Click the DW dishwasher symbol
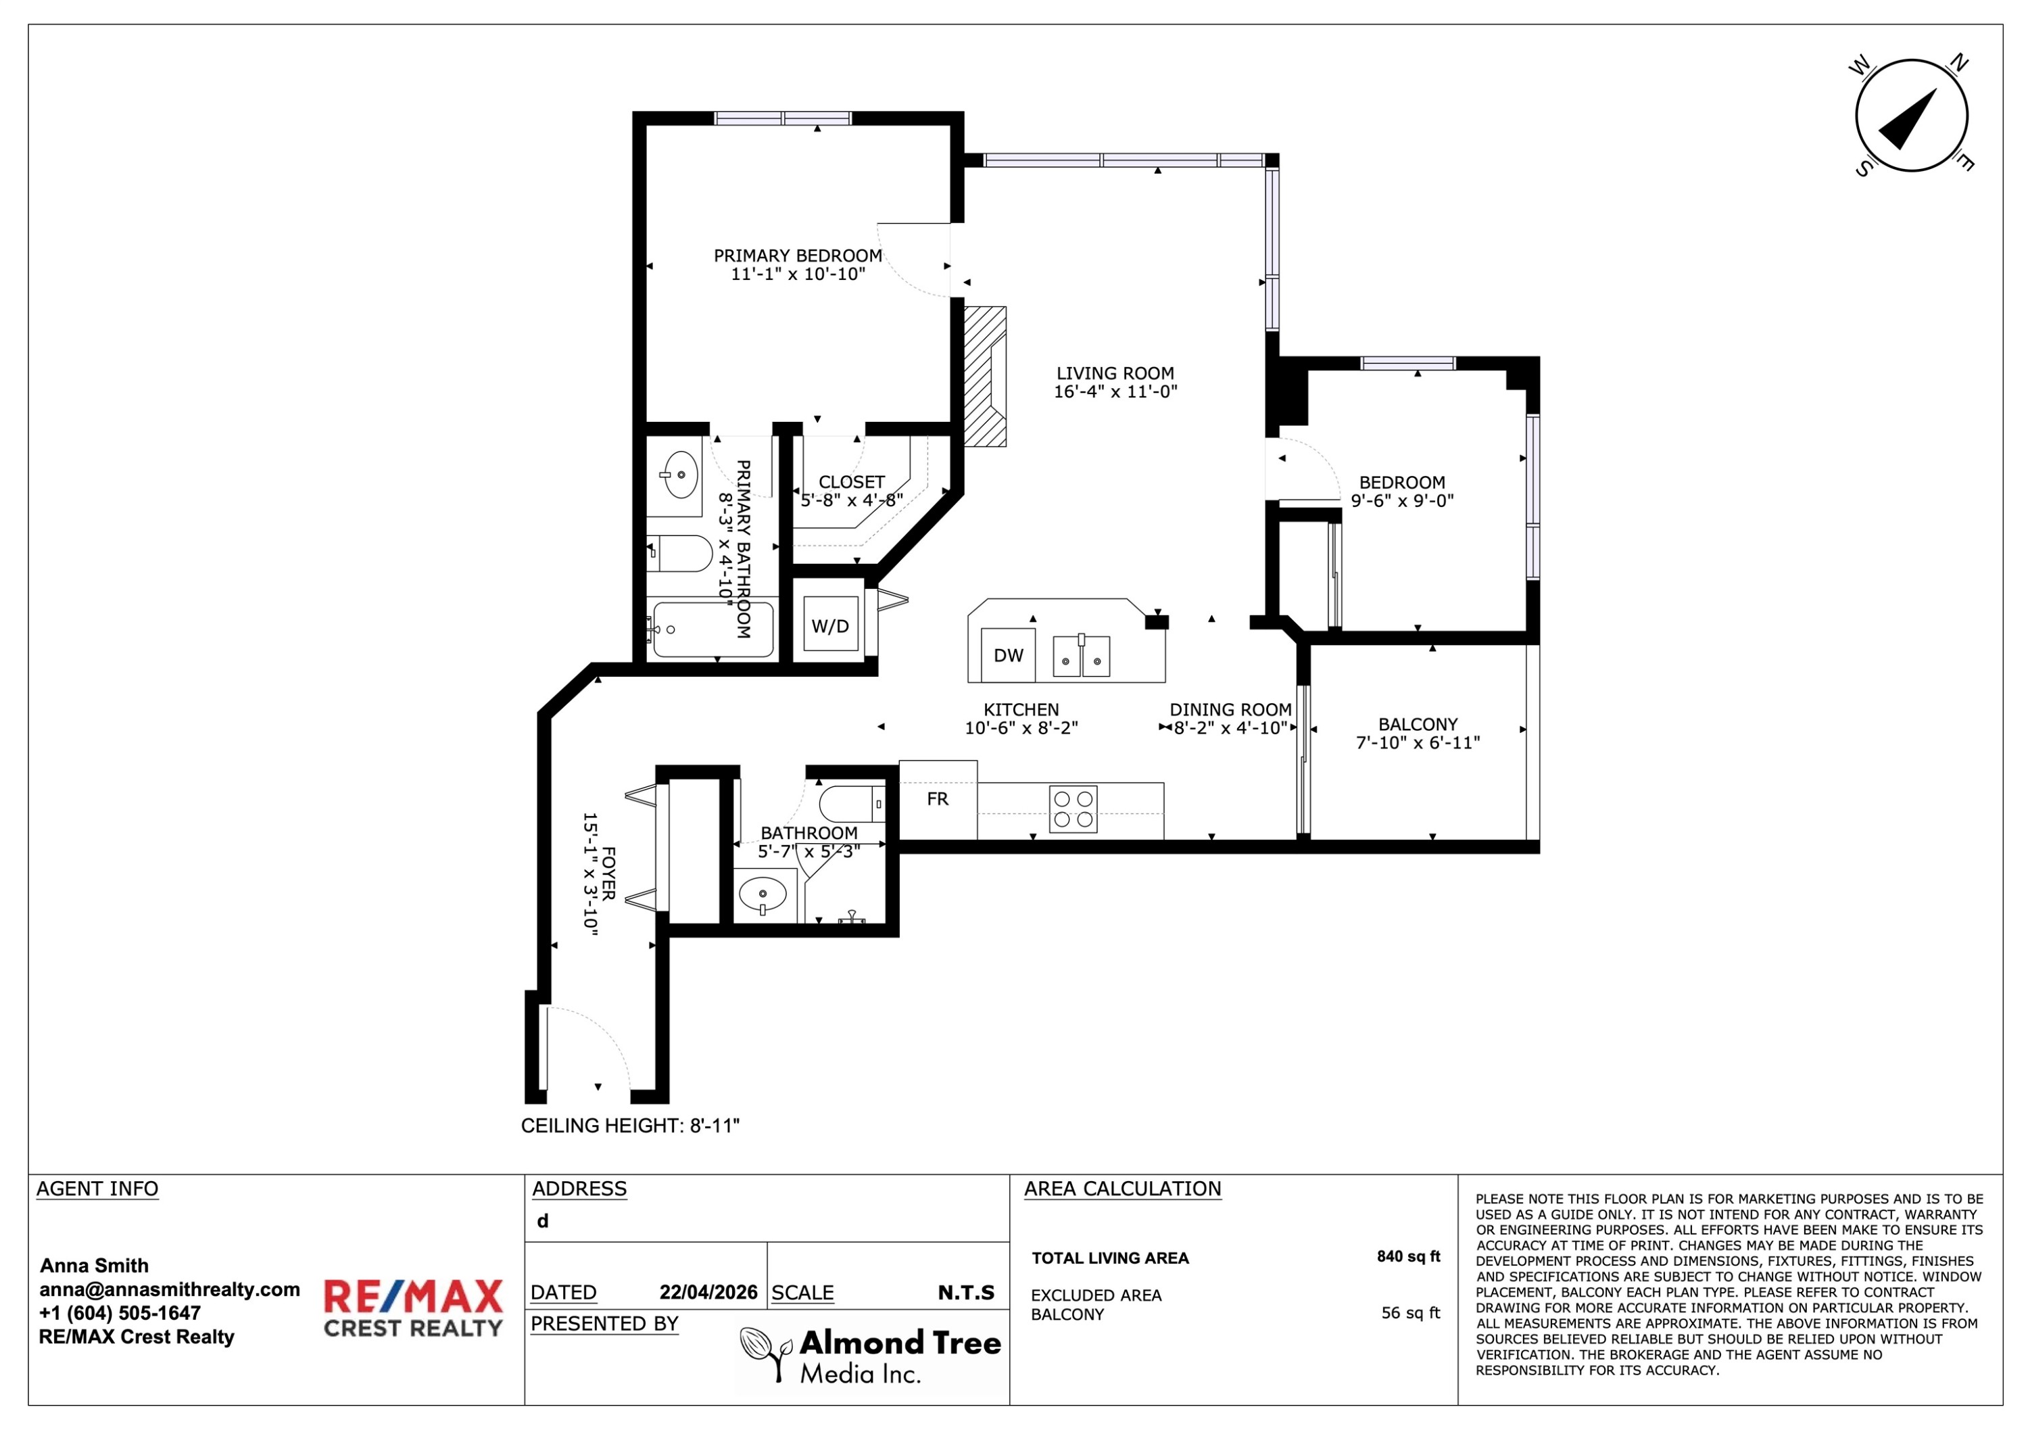click(1008, 654)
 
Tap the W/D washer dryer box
click(830, 625)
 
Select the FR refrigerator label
click(937, 798)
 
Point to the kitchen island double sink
click(1081, 656)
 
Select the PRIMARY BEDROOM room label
click(798, 256)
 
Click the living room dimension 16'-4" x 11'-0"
click(1115, 391)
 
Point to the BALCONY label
click(1418, 723)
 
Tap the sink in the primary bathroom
click(679, 475)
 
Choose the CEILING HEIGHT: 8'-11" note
click(630, 1126)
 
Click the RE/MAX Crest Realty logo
click(413, 1308)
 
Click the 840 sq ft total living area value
click(1408, 1256)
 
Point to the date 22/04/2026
click(708, 1293)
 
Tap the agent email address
click(170, 1290)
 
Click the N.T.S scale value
click(966, 1293)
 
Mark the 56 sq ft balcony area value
click(1411, 1313)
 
